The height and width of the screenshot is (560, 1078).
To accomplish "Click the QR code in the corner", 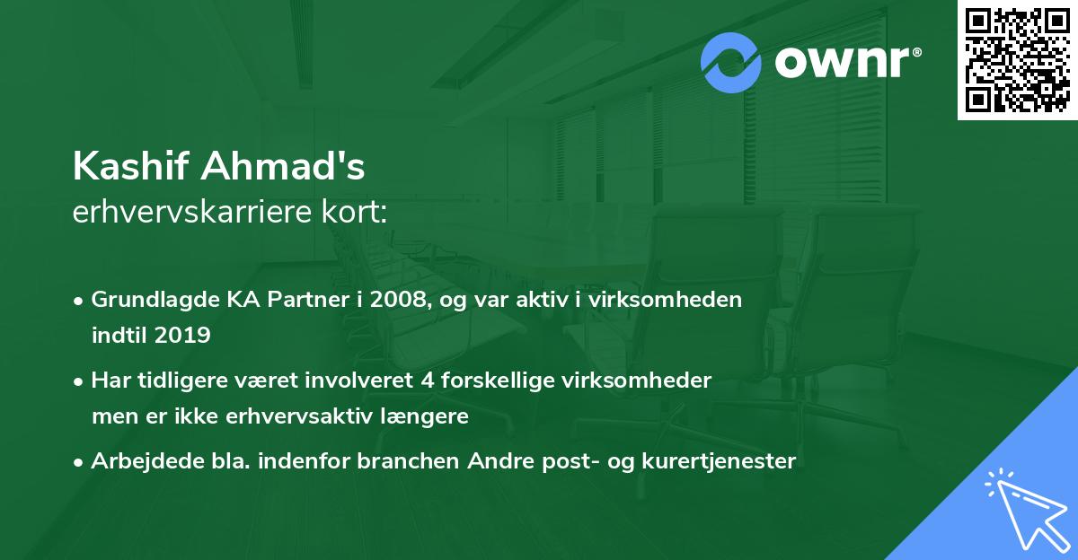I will coord(1017,59).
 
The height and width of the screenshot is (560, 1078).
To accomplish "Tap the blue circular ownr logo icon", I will coord(730,62).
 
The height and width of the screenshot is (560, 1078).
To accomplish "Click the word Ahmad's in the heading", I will coord(286,166).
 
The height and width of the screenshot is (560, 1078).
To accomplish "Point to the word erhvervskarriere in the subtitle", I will coord(195,213).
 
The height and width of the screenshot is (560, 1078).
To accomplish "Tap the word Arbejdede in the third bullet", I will coord(137,461).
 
